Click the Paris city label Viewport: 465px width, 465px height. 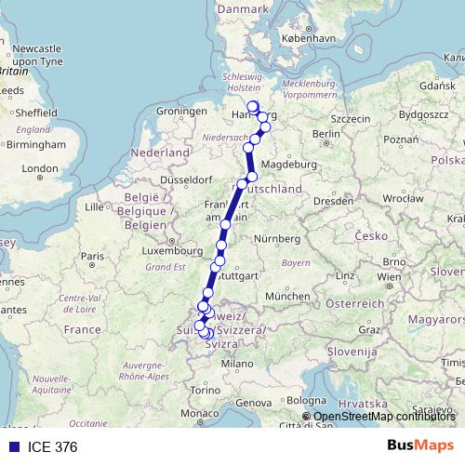[x=91, y=256]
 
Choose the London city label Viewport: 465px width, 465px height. [x=40, y=169]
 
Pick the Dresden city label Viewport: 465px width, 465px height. [x=332, y=200]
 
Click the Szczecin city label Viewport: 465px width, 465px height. [x=350, y=119]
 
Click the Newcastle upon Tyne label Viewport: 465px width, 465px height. [x=36, y=53]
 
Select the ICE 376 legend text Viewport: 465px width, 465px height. [x=52, y=446]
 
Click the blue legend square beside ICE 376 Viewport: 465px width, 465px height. [x=13, y=446]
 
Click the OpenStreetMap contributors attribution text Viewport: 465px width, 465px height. [x=385, y=418]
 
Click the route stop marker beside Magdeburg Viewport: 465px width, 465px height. [x=252, y=177]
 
